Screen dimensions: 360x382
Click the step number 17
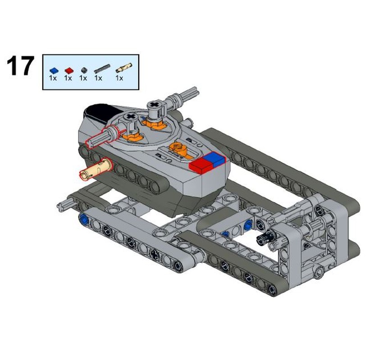(x=20, y=67)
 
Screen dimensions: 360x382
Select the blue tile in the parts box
(x=54, y=70)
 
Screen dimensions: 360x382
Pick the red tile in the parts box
(x=68, y=70)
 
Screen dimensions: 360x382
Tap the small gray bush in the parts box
(x=83, y=70)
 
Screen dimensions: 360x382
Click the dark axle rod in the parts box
(x=102, y=69)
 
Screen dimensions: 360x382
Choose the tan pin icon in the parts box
(x=123, y=68)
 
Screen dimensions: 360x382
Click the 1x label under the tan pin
(x=119, y=78)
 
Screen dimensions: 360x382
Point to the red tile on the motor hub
(x=200, y=165)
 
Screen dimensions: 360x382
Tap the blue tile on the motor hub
(x=215, y=159)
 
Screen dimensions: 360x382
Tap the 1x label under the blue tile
(x=53, y=78)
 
